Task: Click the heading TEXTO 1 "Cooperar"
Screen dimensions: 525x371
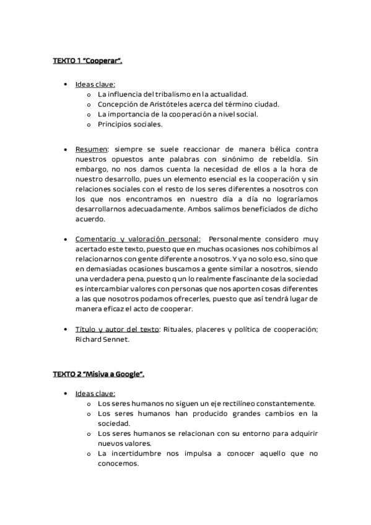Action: (87, 61)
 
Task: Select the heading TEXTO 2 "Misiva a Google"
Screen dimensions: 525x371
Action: (98, 375)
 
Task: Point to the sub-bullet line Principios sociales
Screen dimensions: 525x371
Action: (130, 124)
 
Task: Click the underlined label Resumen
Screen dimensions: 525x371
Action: (92, 149)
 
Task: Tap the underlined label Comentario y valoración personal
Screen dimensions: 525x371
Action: (137, 239)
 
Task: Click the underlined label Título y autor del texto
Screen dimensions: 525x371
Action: (117, 329)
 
